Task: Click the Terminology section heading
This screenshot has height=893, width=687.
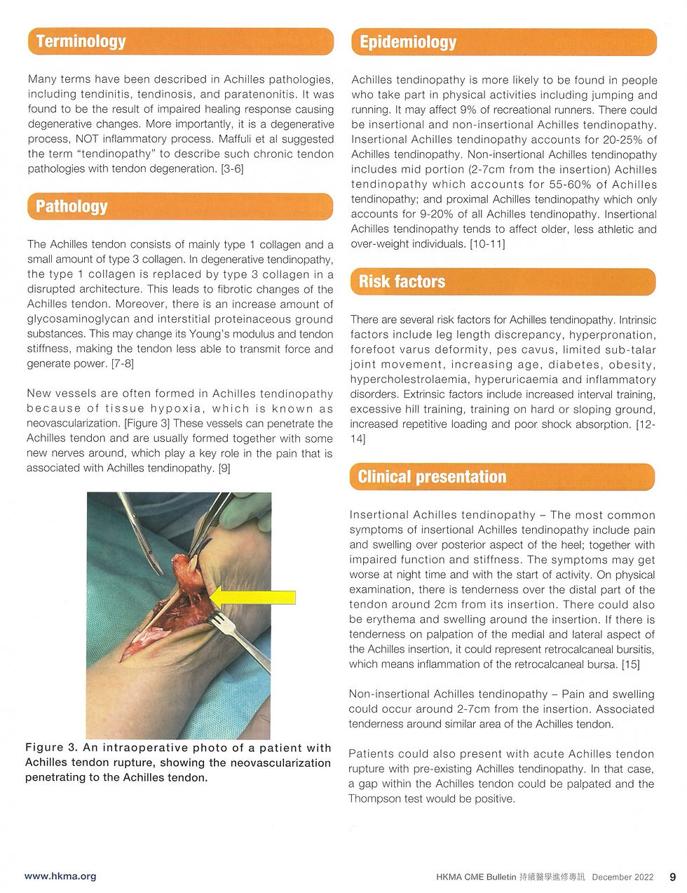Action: pyautogui.click(x=81, y=41)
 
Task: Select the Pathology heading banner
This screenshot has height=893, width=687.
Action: pyautogui.click(x=180, y=206)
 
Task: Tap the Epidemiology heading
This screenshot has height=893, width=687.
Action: pyautogui.click(x=408, y=42)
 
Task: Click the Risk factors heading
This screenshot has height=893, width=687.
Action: pyautogui.click(x=402, y=281)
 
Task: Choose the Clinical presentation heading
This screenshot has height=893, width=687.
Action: pyautogui.click(x=432, y=477)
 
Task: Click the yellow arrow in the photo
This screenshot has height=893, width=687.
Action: pyautogui.click(x=252, y=597)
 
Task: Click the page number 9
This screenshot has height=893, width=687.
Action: pyautogui.click(x=672, y=877)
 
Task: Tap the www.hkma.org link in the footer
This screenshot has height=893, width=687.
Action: pyautogui.click(x=60, y=876)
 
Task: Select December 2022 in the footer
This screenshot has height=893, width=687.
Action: pyautogui.click(x=623, y=877)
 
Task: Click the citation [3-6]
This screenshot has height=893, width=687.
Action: pyautogui.click(x=232, y=169)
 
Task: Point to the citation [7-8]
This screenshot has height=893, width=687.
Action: pyautogui.click(x=123, y=363)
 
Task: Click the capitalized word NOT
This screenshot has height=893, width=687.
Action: pyautogui.click(x=87, y=139)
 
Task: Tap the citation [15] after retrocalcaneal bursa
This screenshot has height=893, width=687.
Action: pyautogui.click(x=631, y=664)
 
